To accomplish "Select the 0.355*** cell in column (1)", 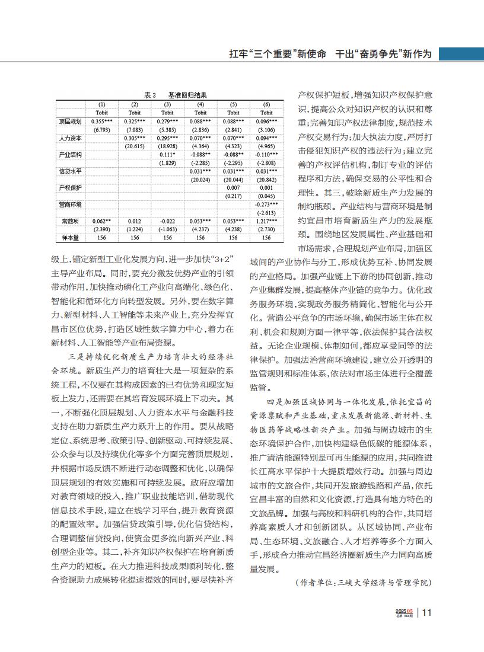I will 102,122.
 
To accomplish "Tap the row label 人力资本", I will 69,138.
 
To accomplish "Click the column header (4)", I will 200,104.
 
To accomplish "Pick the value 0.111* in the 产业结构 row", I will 167,155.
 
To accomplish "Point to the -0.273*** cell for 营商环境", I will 266,204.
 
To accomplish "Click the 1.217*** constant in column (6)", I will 266,220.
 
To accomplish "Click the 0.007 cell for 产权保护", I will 233,187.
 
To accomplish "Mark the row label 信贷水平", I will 69,171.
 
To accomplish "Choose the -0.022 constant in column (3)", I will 167,220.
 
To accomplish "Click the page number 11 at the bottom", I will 428,613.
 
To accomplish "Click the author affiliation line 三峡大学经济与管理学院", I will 383,583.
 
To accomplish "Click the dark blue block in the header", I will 461,55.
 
